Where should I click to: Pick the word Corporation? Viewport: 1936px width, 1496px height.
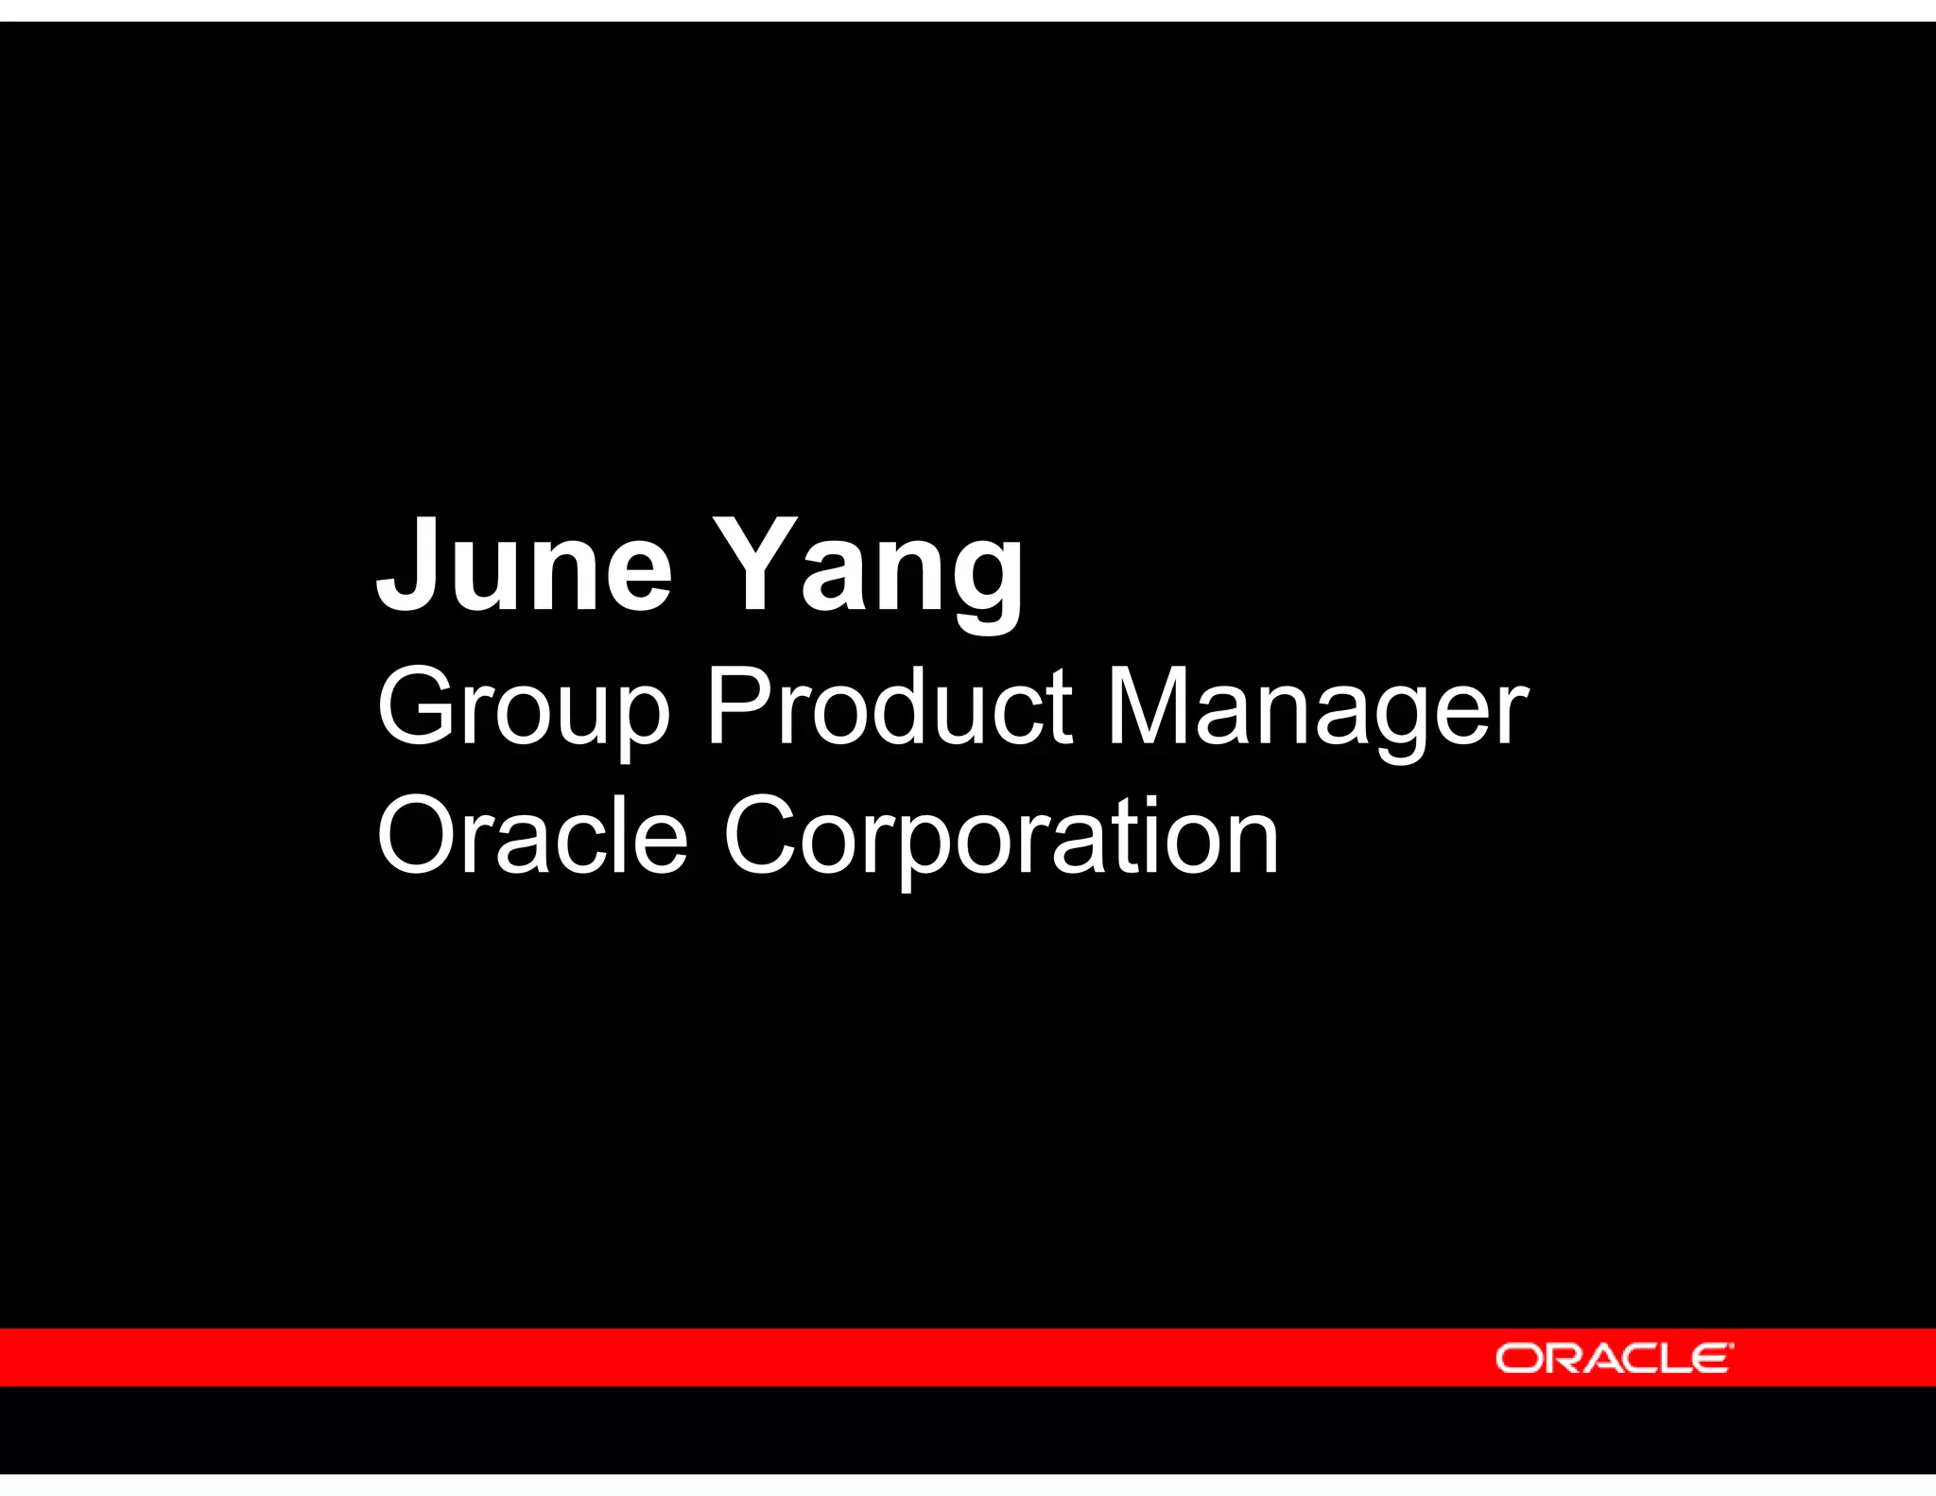[1001, 838]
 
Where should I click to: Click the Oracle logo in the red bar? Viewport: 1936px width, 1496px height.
[1614, 1358]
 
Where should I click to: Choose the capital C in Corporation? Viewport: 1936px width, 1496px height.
[764, 836]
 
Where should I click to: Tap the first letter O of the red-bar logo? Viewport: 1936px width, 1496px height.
[1516, 1359]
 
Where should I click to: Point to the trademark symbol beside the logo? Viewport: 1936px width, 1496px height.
[1732, 1345]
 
